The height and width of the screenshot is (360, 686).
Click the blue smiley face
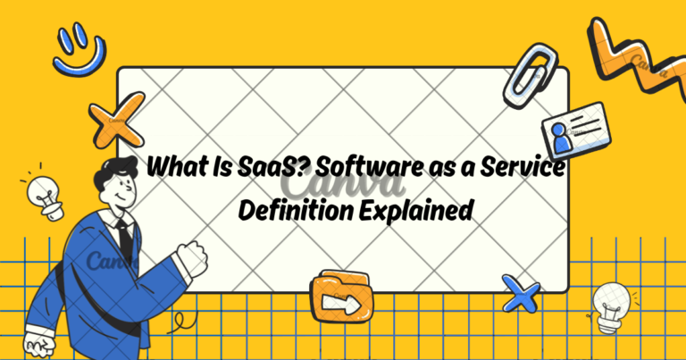tap(79, 49)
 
